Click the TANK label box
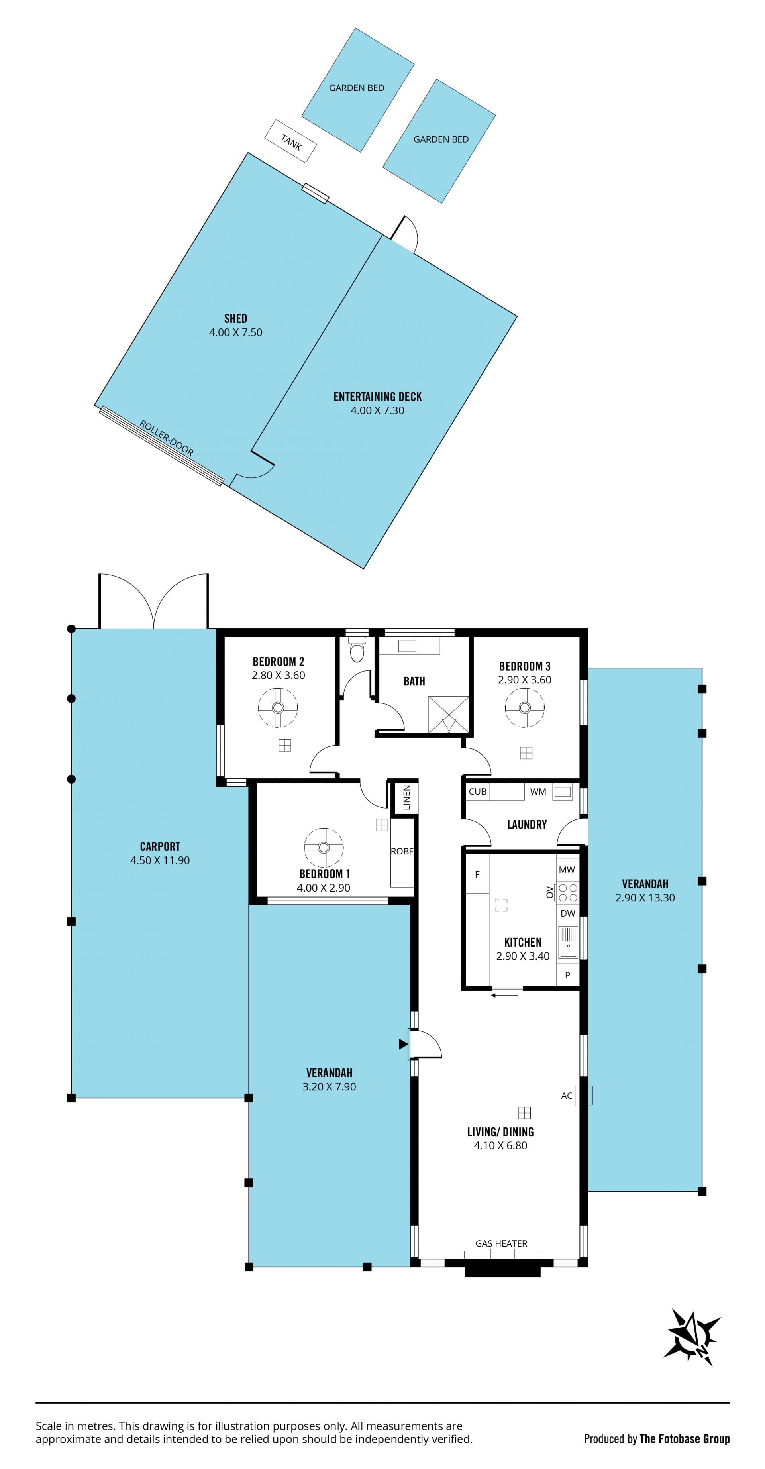pyautogui.click(x=291, y=141)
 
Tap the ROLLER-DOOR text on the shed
pyautogui.click(x=167, y=438)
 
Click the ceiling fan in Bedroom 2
pyautogui.click(x=278, y=708)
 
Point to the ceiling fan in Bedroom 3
pyautogui.click(x=524, y=708)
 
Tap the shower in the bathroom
pyautogui.click(x=449, y=714)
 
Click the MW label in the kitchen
pyautogui.click(x=567, y=870)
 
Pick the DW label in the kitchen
pyautogui.click(x=568, y=913)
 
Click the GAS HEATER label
pyautogui.click(x=502, y=1243)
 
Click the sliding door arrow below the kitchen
pyautogui.click(x=505, y=996)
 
